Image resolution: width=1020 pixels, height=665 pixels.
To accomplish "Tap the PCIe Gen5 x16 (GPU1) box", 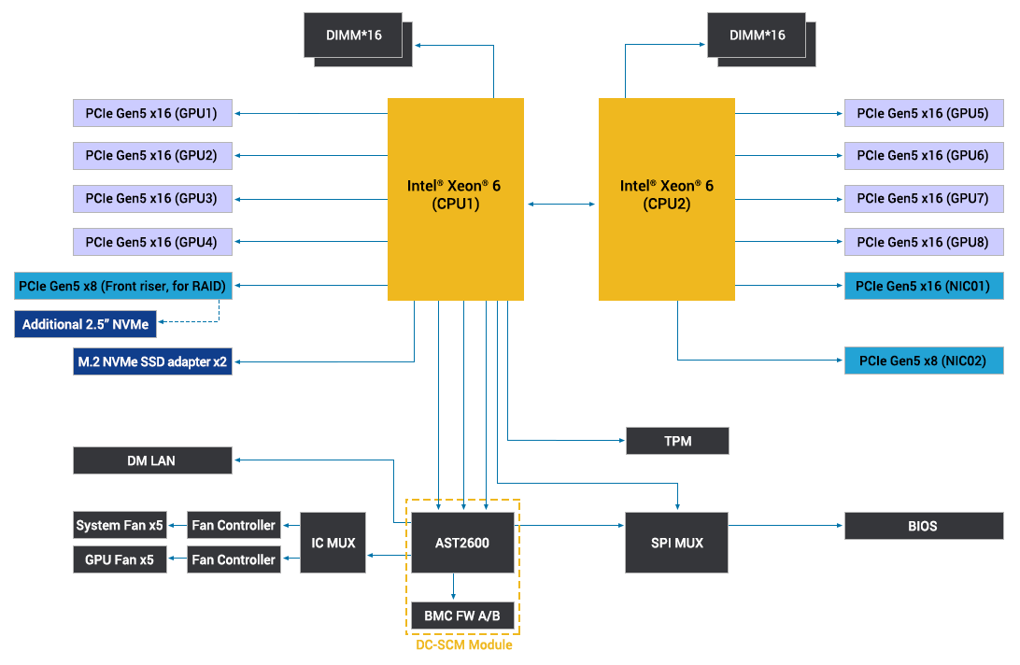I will click(x=152, y=114).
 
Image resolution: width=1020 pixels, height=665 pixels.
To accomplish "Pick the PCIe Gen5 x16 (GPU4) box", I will click(x=152, y=242).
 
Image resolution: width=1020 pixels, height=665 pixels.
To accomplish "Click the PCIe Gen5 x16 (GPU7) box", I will click(x=923, y=198).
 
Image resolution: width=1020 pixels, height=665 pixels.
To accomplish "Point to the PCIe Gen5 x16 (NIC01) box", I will click(x=923, y=285).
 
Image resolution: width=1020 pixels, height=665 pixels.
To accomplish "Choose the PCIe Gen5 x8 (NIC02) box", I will click(x=923, y=361).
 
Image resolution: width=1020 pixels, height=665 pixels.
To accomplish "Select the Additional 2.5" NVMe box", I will click(x=85, y=324).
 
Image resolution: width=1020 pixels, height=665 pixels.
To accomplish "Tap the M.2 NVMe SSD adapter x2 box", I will click(x=152, y=361).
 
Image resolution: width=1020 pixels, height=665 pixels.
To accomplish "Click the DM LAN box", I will click(x=152, y=460).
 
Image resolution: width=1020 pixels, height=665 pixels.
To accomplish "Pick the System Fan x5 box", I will click(x=120, y=525).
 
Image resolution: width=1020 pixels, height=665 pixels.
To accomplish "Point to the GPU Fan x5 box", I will click(x=120, y=559).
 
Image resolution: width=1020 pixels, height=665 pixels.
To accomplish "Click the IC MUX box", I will click(x=333, y=543).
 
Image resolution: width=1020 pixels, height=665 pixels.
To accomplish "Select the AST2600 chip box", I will click(x=462, y=543).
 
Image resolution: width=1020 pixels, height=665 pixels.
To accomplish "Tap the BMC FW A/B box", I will click(x=462, y=615).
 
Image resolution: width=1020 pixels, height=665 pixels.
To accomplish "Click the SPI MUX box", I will click(x=676, y=543).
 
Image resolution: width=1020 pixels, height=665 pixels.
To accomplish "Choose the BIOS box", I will click(x=923, y=526).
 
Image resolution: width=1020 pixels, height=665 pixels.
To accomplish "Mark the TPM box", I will click(x=676, y=441).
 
